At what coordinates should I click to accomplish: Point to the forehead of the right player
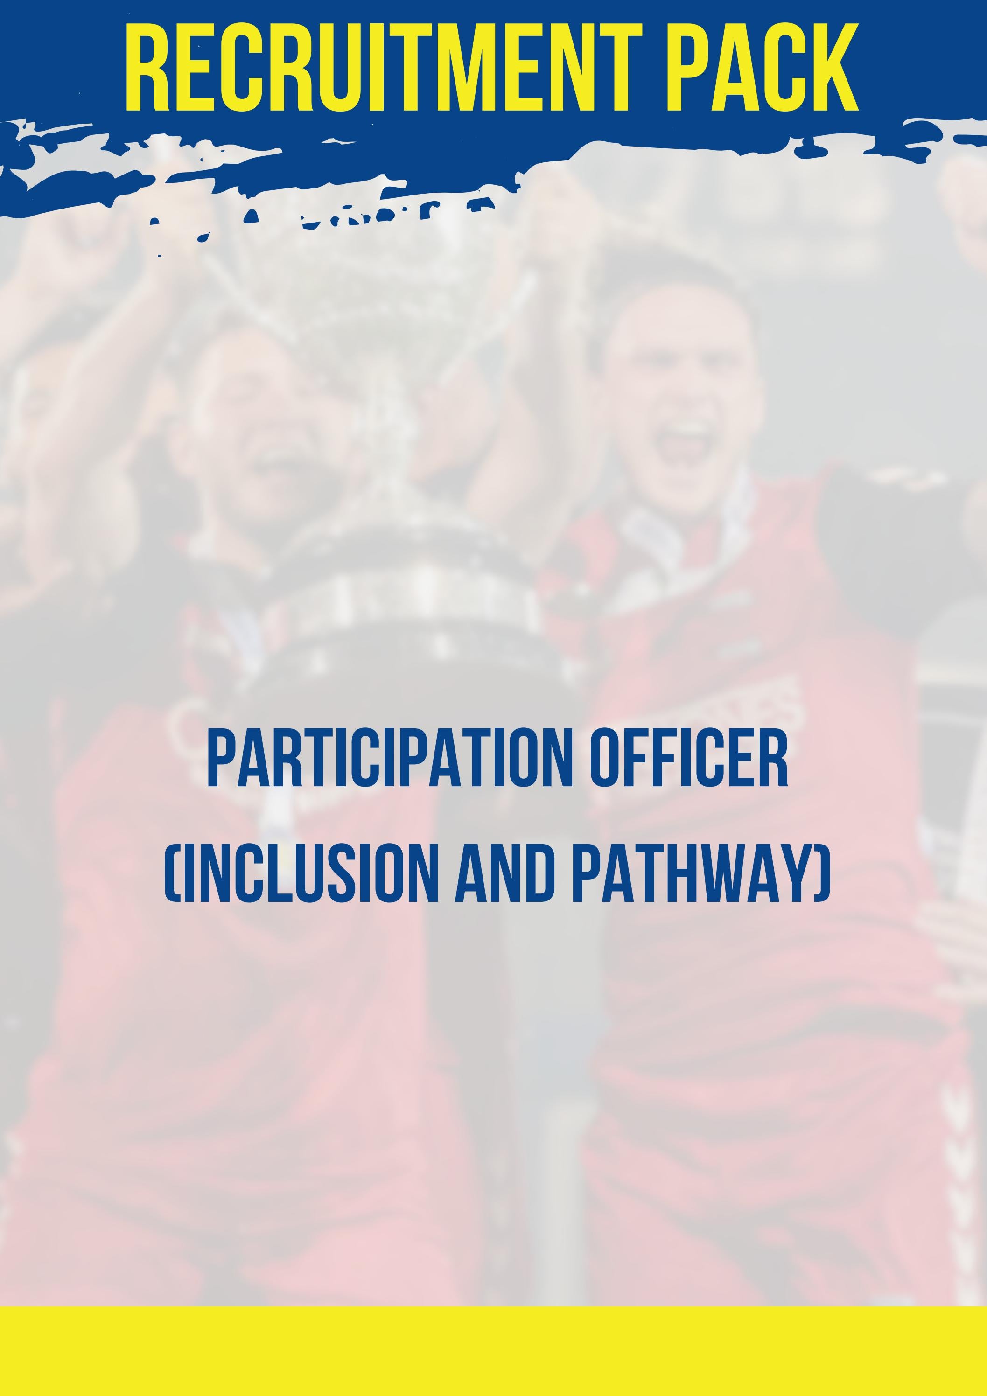pos(675,341)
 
